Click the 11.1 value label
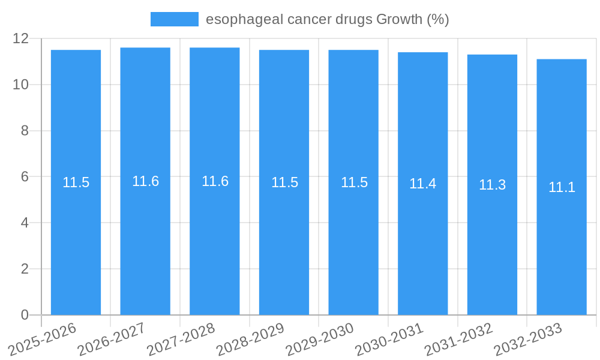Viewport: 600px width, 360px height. pos(562,187)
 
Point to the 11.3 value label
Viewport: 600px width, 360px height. pos(492,185)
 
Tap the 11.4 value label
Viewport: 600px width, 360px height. pos(423,184)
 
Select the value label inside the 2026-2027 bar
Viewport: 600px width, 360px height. pos(145,182)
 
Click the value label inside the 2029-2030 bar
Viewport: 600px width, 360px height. pos(354,183)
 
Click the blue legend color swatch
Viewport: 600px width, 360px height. pos(174,19)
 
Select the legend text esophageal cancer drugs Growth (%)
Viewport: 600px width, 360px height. pos(327,19)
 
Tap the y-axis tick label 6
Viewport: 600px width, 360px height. pos(25,177)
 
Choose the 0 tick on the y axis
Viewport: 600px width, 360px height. pos(25,315)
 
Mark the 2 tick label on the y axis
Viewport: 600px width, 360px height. pos(25,269)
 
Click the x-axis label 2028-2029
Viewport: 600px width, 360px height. pos(250,340)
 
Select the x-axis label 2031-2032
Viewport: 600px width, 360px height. pos(458,340)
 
